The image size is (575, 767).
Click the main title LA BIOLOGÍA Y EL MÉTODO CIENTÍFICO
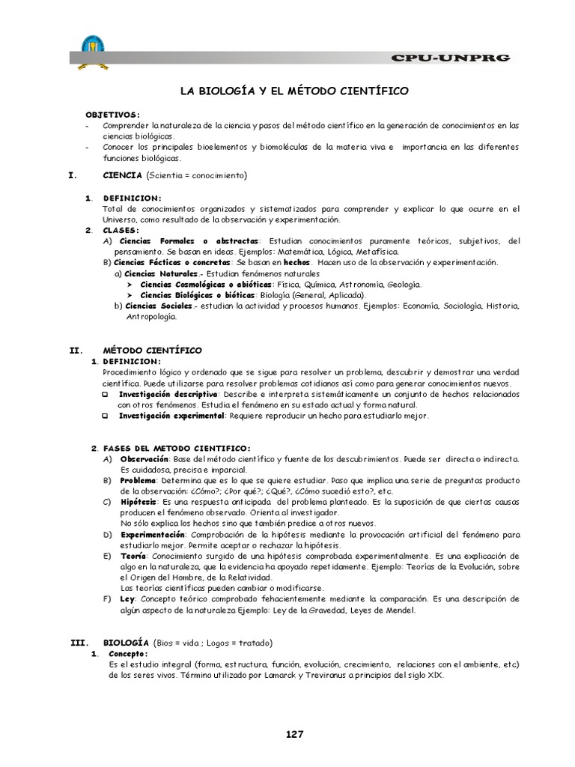pyautogui.click(x=293, y=91)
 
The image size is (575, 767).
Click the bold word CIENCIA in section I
pyautogui.click(x=122, y=175)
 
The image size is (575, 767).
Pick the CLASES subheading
pyautogui.click(x=121, y=230)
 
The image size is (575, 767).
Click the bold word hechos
pyautogui.click(x=296, y=263)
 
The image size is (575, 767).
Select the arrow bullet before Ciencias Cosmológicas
pyautogui.click(x=130, y=285)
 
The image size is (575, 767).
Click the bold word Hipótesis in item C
pyautogui.click(x=139, y=501)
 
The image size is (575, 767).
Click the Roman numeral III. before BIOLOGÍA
pyautogui.click(x=79, y=643)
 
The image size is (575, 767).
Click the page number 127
pyautogui.click(x=294, y=734)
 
